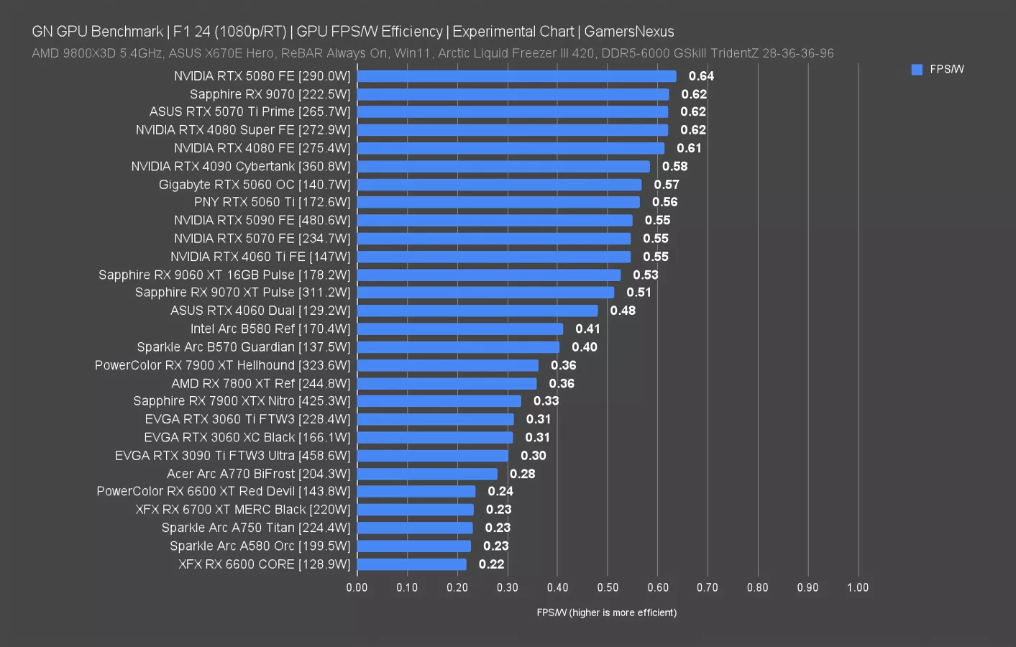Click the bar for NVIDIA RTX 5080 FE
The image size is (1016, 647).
(x=516, y=76)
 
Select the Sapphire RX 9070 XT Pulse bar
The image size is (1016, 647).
(x=485, y=293)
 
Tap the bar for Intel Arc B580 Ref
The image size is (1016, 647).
(x=460, y=329)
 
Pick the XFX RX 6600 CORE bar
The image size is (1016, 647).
(x=411, y=564)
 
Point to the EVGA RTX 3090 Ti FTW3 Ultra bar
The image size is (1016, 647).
(x=432, y=456)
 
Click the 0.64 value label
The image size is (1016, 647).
(x=701, y=76)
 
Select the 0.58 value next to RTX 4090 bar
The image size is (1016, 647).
(x=674, y=166)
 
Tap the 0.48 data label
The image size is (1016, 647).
(x=623, y=311)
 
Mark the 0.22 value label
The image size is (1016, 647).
(x=491, y=564)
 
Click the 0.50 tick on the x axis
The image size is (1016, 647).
(x=608, y=587)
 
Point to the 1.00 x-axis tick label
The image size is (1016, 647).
(x=857, y=587)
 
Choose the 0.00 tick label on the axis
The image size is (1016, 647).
(x=357, y=587)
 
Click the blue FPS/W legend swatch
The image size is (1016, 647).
(x=917, y=70)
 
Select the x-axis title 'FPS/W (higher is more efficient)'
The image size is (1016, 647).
(x=606, y=612)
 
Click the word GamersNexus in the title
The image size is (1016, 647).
(x=628, y=32)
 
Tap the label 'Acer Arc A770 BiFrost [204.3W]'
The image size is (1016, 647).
(x=258, y=474)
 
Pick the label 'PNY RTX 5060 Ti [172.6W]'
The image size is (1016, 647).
(x=272, y=202)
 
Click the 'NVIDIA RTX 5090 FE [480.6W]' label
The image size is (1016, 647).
(x=262, y=220)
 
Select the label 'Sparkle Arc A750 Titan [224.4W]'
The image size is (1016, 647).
(x=255, y=528)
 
